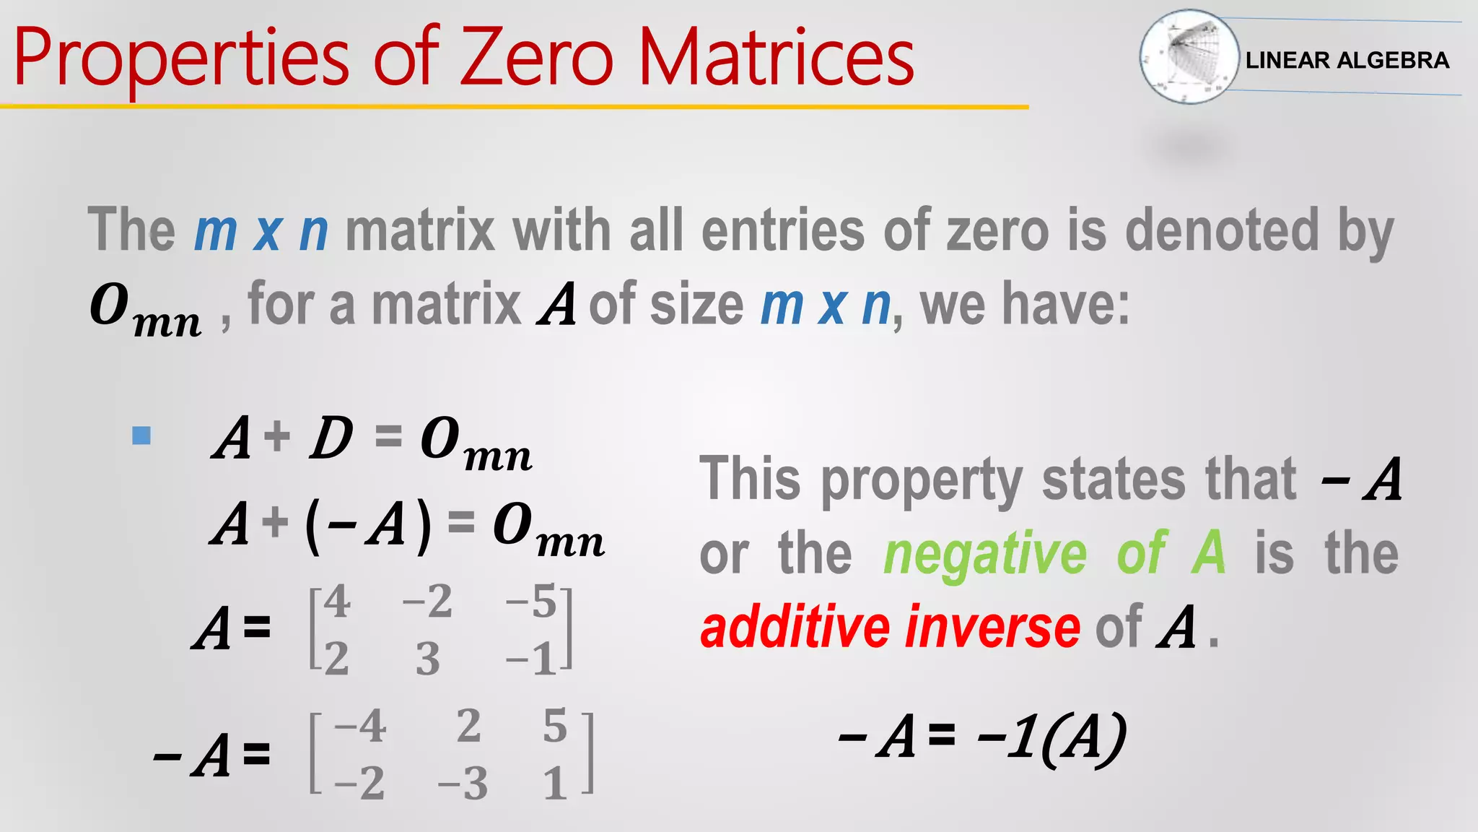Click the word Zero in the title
pos(537,58)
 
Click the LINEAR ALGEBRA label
pos(1347,60)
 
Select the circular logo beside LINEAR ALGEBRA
pos(1189,56)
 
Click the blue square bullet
pos(141,435)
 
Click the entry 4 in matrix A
pos(337,602)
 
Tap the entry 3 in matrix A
pos(427,659)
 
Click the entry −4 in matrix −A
pos(360,726)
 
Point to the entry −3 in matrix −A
pos(463,784)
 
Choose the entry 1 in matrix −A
pos(554,784)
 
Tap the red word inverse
pos(993,627)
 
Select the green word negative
pos(985,553)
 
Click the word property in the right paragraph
pos(922,480)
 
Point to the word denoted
pos(1222,230)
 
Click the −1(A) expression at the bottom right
pos(1051,738)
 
